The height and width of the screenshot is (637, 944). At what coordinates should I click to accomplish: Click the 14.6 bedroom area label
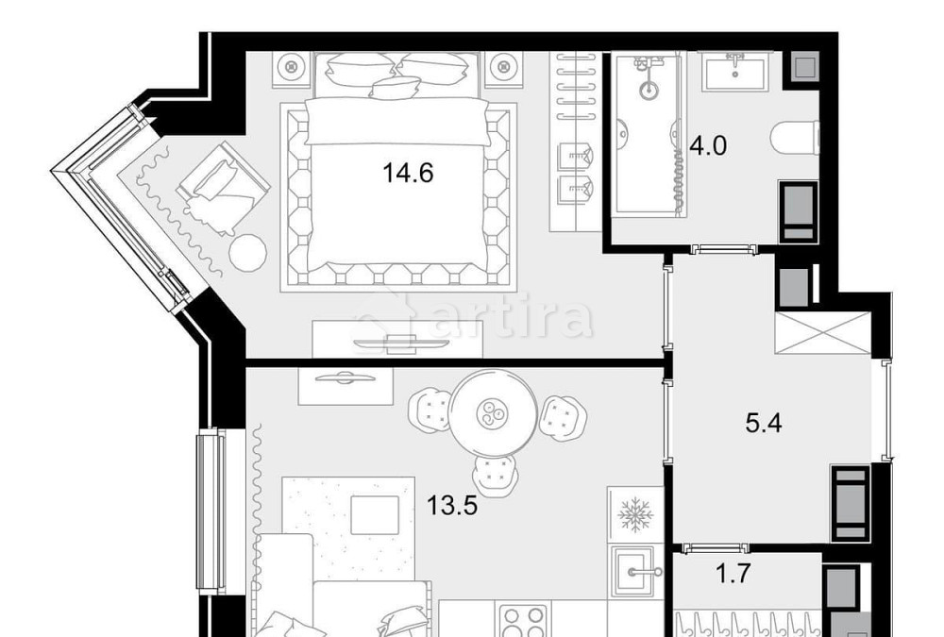click(x=408, y=174)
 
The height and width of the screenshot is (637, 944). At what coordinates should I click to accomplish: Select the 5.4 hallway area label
click(x=764, y=422)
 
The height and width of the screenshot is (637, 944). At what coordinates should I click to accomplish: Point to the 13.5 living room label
click(x=451, y=506)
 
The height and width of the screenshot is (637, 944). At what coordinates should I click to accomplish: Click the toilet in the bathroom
click(x=796, y=140)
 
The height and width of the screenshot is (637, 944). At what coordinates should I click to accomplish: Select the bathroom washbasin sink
click(x=735, y=72)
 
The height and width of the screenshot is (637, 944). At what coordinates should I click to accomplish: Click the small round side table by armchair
click(x=248, y=250)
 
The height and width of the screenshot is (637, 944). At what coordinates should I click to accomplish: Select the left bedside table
click(x=292, y=67)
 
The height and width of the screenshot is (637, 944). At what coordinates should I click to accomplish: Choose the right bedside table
click(x=504, y=67)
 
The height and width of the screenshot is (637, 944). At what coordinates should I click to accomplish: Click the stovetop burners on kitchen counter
click(x=523, y=622)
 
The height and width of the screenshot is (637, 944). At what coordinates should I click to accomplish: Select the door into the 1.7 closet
click(x=715, y=547)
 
